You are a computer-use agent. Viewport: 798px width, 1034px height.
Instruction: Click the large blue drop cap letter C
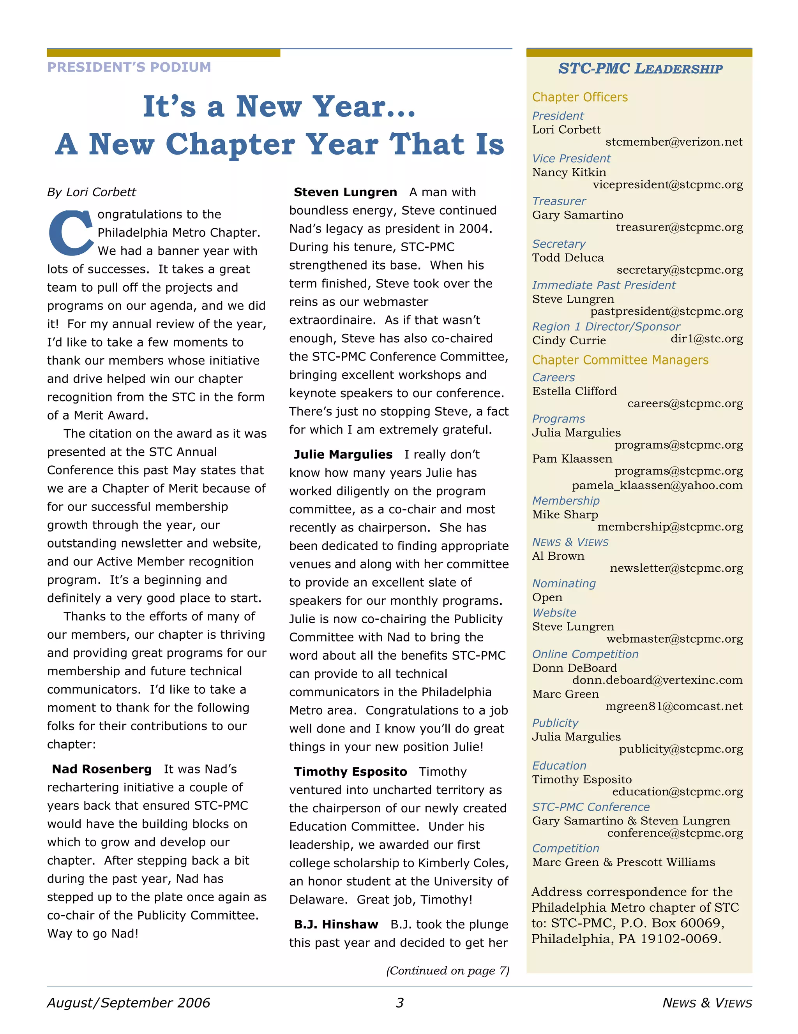pos(71,233)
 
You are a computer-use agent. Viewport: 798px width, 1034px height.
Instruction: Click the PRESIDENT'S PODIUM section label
pos(129,67)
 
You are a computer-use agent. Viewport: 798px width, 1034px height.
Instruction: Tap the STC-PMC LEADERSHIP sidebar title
pos(640,69)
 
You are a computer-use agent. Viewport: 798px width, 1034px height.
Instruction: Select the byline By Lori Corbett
pos(92,192)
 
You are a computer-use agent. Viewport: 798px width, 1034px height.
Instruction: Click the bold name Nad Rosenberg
pos(102,769)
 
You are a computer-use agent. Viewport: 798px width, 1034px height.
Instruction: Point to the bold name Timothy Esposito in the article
pos(350,772)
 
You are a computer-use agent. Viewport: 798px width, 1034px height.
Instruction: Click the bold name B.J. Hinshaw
pos(336,924)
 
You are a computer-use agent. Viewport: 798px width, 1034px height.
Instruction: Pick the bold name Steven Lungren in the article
pos(345,192)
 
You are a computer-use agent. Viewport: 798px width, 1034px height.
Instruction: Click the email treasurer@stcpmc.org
pos(679,227)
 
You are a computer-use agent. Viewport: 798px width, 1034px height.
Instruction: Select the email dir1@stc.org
pos(706,339)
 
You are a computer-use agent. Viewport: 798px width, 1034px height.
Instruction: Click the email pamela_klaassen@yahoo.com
pos(657,485)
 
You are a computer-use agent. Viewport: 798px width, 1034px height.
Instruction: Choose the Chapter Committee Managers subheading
pos(620,360)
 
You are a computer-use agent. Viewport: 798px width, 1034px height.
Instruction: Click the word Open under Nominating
pos(547,597)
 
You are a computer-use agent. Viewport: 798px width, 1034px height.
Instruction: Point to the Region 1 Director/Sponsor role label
pos(606,327)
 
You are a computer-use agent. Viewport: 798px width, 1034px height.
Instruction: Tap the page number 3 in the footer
pos(399,1003)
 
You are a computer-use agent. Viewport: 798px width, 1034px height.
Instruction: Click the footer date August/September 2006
pos(128,1003)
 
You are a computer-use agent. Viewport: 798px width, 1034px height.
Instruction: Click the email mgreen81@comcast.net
pos(673,706)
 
